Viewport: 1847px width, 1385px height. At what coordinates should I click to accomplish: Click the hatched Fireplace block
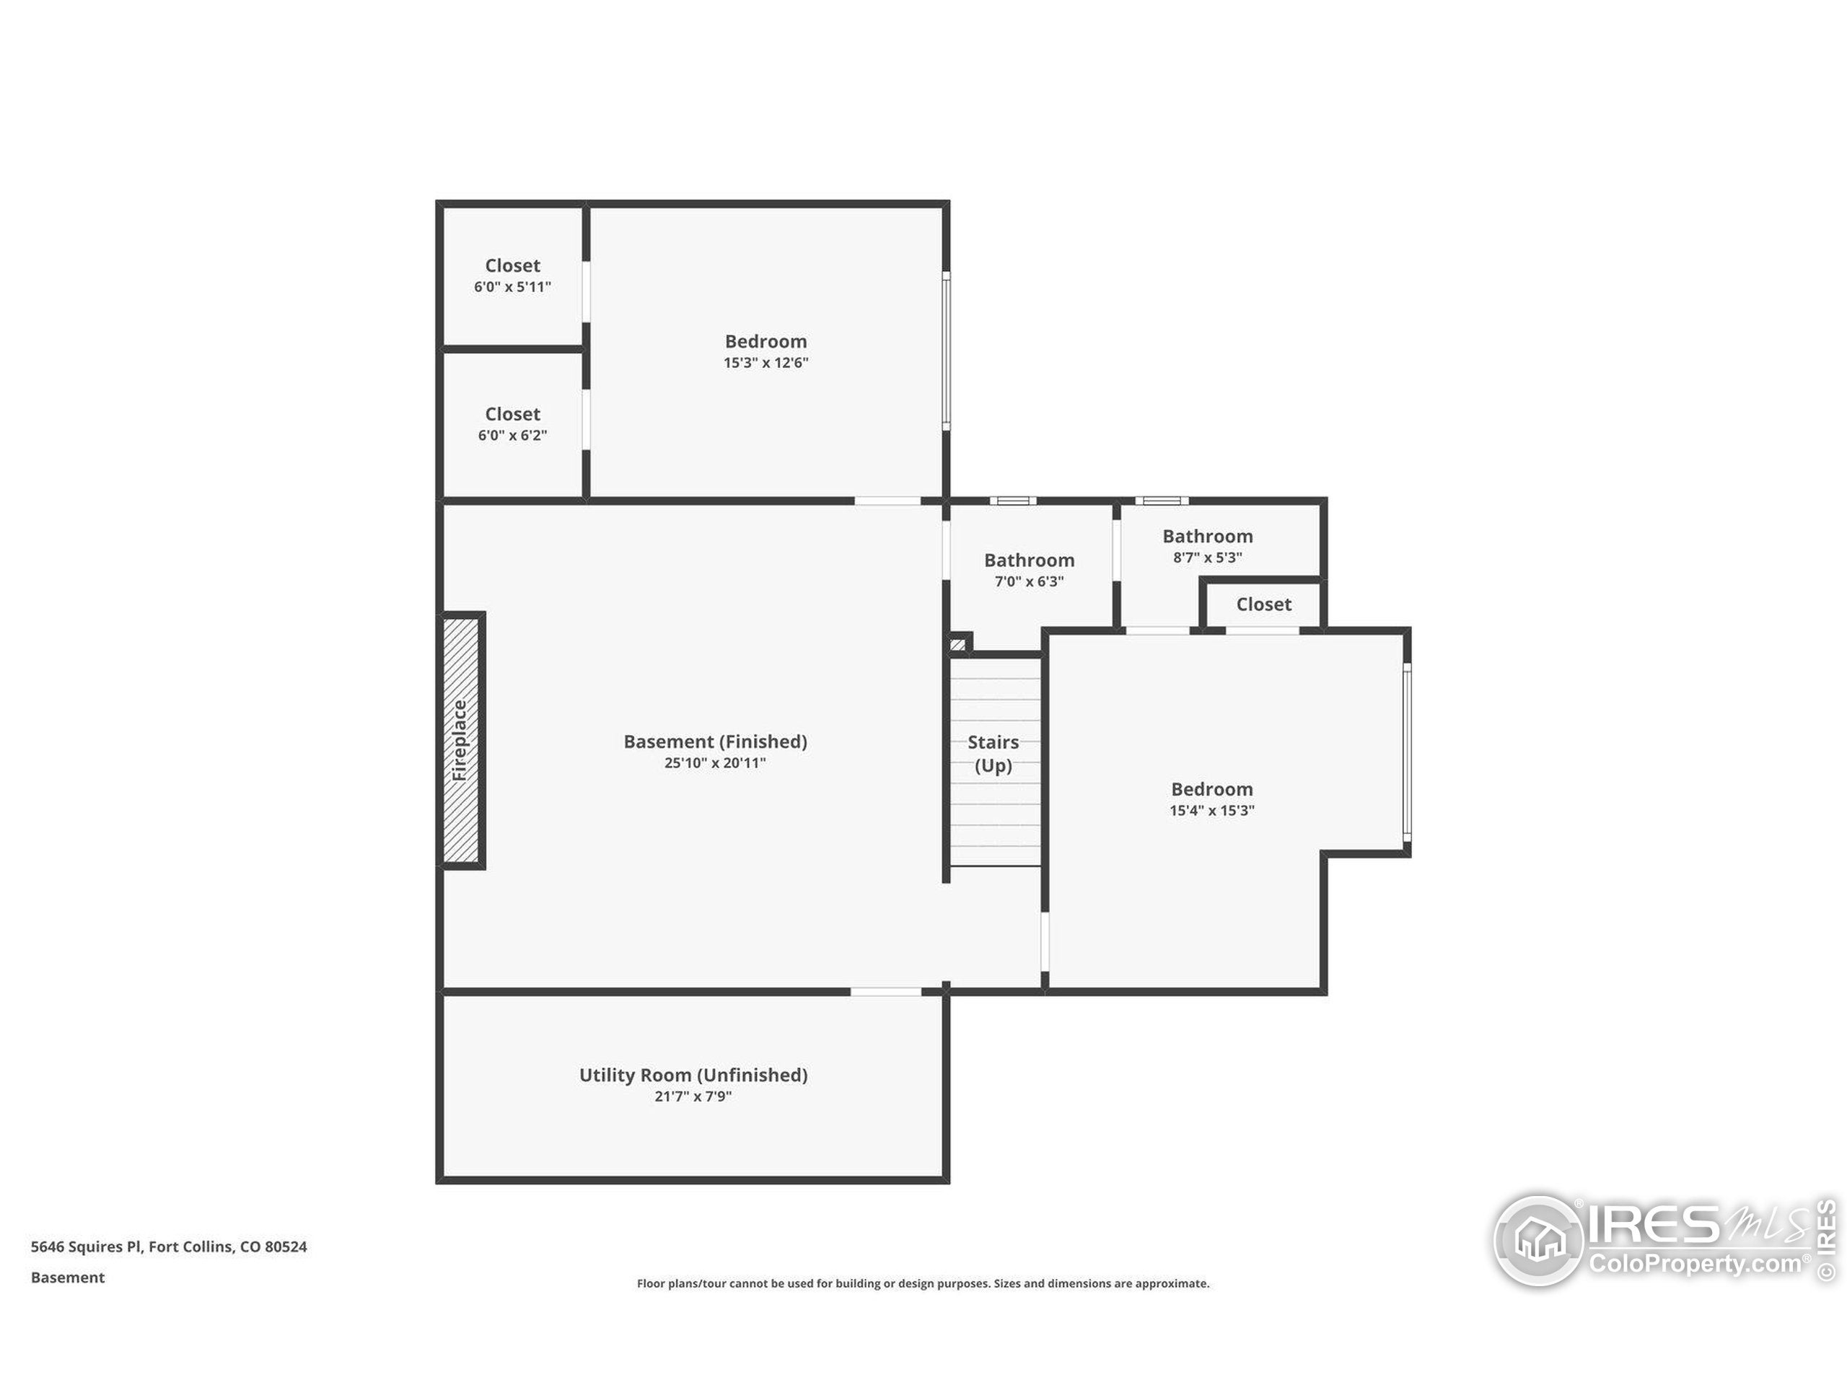point(461,741)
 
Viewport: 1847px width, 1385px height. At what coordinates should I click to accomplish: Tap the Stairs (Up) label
point(993,753)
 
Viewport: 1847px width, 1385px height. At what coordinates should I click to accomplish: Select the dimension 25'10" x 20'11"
point(715,763)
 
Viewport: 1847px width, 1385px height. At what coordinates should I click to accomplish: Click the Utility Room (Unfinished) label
point(693,1076)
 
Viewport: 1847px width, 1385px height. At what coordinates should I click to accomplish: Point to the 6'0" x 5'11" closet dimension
point(513,287)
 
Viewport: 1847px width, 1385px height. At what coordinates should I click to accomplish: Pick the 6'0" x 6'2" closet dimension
point(513,436)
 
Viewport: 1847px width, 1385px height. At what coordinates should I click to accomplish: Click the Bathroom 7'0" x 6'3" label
point(1029,561)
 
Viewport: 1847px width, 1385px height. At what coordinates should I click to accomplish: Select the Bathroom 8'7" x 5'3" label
point(1207,537)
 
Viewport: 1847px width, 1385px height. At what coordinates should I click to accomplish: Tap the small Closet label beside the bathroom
point(1263,604)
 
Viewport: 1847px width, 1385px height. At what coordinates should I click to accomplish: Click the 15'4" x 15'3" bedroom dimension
point(1211,811)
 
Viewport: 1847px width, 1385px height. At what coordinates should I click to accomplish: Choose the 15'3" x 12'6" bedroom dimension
point(765,363)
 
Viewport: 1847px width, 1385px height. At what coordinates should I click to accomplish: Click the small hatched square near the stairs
point(957,644)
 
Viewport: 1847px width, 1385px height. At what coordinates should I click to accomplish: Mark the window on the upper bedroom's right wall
point(946,351)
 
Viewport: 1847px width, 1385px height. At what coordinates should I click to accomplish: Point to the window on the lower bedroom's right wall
point(1406,752)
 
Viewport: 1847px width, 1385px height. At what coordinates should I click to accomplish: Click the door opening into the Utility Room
point(886,992)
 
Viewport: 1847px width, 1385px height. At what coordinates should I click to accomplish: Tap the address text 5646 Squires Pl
point(169,1246)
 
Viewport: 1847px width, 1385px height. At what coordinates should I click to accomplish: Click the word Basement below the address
point(68,1278)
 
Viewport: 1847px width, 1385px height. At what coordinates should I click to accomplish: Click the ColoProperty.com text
point(1694,1263)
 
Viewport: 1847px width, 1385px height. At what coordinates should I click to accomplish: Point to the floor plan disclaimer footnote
point(923,1283)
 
